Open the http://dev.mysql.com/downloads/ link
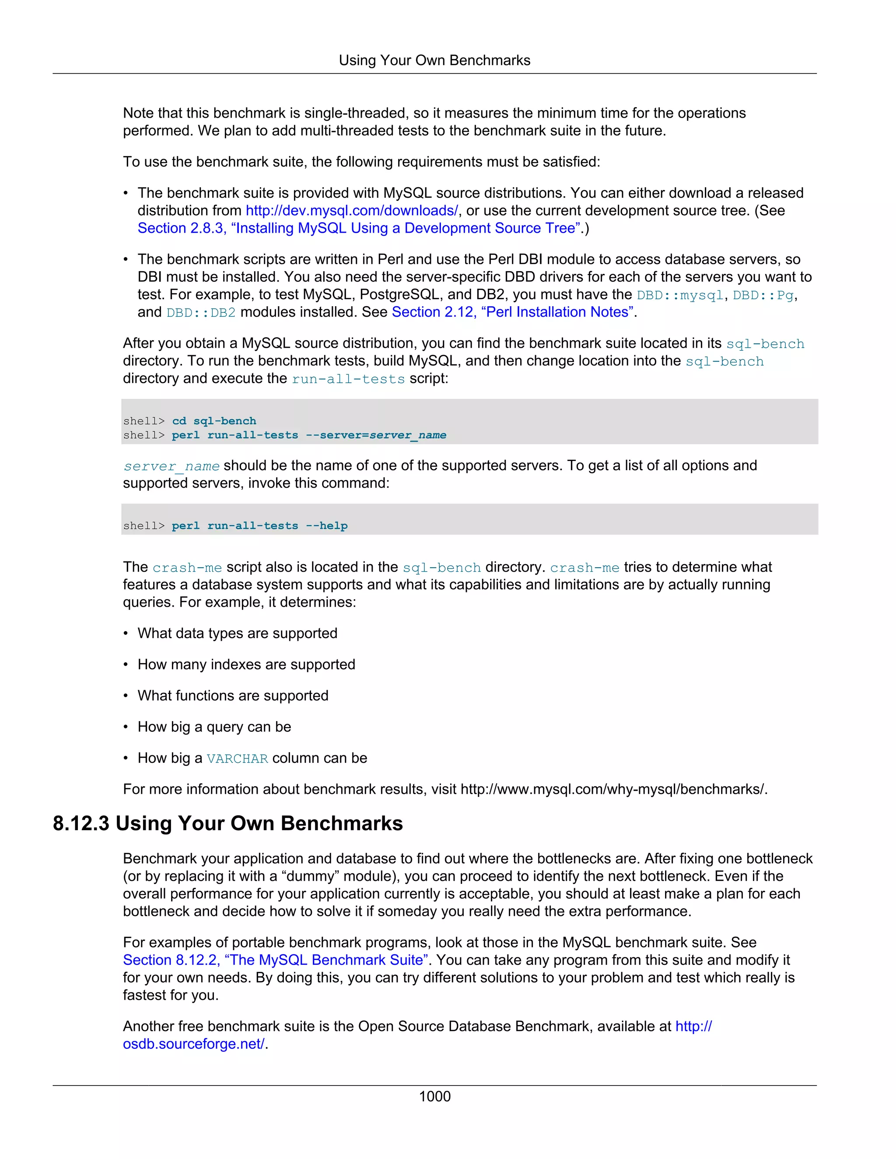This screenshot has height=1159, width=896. (x=351, y=211)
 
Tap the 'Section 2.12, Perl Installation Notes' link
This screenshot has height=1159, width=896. (x=513, y=312)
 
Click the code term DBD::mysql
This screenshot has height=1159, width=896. (x=680, y=295)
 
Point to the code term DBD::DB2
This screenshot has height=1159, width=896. (x=201, y=313)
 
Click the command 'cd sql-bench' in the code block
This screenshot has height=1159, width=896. (x=214, y=421)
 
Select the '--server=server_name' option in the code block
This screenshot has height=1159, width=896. (x=376, y=435)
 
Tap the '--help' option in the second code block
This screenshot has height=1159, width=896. (x=326, y=526)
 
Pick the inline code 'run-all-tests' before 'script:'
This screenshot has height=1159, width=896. (x=348, y=379)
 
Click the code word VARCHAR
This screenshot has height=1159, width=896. (x=237, y=758)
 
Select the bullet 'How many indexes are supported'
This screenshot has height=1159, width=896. (x=246, y=664)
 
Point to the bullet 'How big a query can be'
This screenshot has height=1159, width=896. (x=214, y=727)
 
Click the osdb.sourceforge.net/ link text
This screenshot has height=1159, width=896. (x=194, y=1044)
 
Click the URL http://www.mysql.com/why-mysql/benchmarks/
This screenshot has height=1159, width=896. (x=613, y=789)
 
